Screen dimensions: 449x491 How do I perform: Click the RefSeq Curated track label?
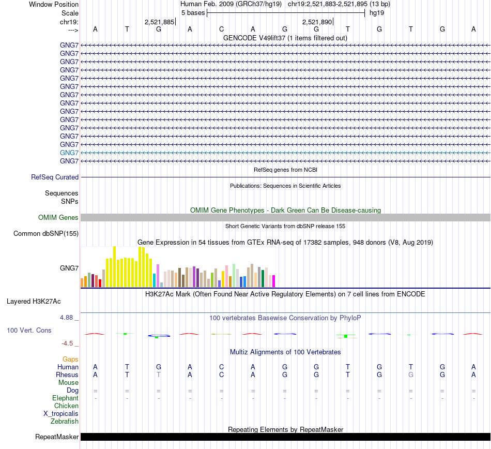(x=55, y=177)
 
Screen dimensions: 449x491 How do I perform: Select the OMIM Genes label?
(x=58, y=218)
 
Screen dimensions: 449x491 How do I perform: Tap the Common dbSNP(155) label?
(x=46, y=234)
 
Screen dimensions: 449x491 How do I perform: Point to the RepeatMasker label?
(x=57, y=437)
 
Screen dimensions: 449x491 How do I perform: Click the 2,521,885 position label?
(x=159, y=22)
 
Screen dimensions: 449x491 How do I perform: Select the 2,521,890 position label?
(x=317, y=22)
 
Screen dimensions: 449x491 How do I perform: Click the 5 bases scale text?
(x=193, y=12)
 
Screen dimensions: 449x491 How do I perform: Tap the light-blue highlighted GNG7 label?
(x=69, y=153)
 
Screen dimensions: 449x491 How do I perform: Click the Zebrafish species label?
(x=66, y=422)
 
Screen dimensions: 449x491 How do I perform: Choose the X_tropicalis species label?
(x=61, y=414)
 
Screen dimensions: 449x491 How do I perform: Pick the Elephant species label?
(x=65, y=398)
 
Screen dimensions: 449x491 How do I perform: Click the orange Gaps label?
(x=70, y=359)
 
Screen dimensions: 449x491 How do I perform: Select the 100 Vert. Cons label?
(x=29, y=330)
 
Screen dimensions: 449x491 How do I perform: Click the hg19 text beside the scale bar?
(x=376, y=12)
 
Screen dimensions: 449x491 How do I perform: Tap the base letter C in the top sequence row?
(x=221, y=29)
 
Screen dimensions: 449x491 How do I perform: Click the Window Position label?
(x=54, y=4)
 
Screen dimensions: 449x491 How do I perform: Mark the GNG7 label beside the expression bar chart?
(x=69, y=268)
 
